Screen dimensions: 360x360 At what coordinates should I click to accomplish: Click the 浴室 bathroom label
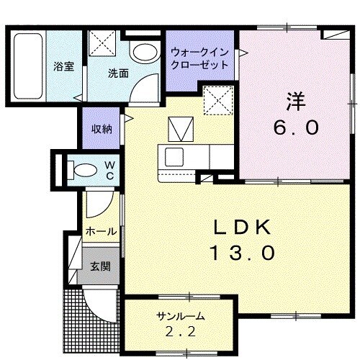pyautogui.click(x=63, y=66)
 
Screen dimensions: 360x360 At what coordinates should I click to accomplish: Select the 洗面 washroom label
pyautogui.click(x=118, y=73)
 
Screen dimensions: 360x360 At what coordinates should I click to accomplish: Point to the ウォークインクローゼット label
pyautogui.click(x=200, y=58)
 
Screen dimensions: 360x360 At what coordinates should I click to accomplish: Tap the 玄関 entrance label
pyautogui.click(x=99, y=266)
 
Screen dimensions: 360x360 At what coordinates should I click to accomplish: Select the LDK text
pyautogui.click(x=242, y=228)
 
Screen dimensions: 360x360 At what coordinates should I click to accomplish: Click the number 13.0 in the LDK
pyautogui.click(x=242, y=253)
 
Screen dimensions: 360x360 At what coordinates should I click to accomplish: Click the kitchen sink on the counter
pyautogui.click(x=174, y=156)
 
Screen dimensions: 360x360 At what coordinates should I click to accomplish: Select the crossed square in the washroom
pyautogui.click(x=105, y=42)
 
